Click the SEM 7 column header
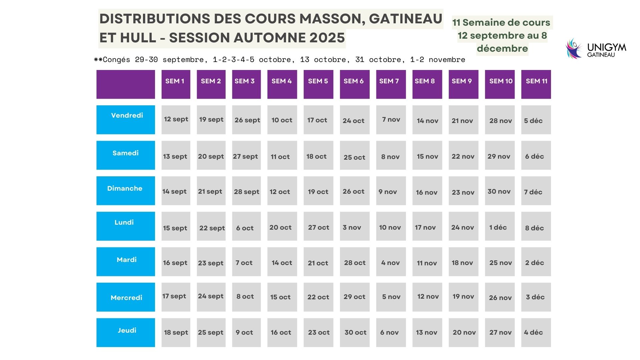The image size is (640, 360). pos(391,84)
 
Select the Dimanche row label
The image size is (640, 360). pos(125,190)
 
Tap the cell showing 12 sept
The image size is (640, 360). pos(176,120)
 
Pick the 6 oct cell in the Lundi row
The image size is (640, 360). pos(246,226)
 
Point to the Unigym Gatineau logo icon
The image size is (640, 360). pos(573,49)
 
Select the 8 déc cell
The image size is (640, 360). pos(536,226)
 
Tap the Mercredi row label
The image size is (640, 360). pos(125,297)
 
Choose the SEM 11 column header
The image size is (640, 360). pos(536,84)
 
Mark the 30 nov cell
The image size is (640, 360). pos(499,191)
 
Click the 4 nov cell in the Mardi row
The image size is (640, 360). pos(391,262)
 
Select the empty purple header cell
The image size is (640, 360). pos(125,84)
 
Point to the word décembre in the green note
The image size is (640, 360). pos(502,49)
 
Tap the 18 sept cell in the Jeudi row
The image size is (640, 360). pos(176,332)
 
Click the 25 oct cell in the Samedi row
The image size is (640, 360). pos(354,155)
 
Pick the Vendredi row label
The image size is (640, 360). pos(125,120)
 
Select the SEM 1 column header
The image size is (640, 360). pos(176,84)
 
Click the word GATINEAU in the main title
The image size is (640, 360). pos(405,19)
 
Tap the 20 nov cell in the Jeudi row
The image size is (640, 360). pos(463,332)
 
